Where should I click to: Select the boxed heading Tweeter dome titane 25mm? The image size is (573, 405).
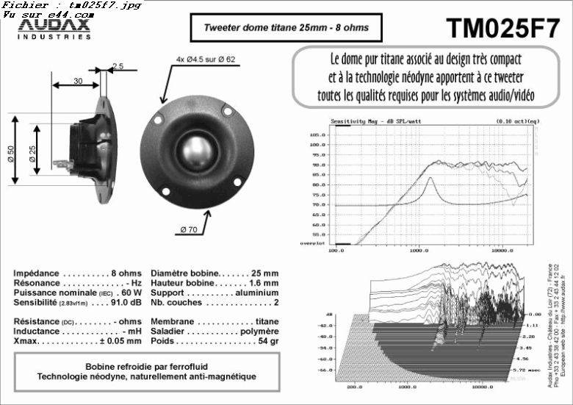coord(286,29)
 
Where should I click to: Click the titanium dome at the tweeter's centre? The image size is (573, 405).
coord(193,149)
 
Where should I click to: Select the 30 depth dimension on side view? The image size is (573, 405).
coord(78,82)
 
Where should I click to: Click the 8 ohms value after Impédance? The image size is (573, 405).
coord(126,273)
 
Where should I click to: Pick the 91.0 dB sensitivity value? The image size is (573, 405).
coord(126,301)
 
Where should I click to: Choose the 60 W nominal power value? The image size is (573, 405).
coord(131,292)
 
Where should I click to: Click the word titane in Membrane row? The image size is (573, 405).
coord(266,321)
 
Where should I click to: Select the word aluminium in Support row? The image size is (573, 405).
coord(256,292)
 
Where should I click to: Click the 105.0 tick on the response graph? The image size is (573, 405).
coord(318,135)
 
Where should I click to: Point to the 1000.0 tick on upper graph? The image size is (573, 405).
coord(419,250)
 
